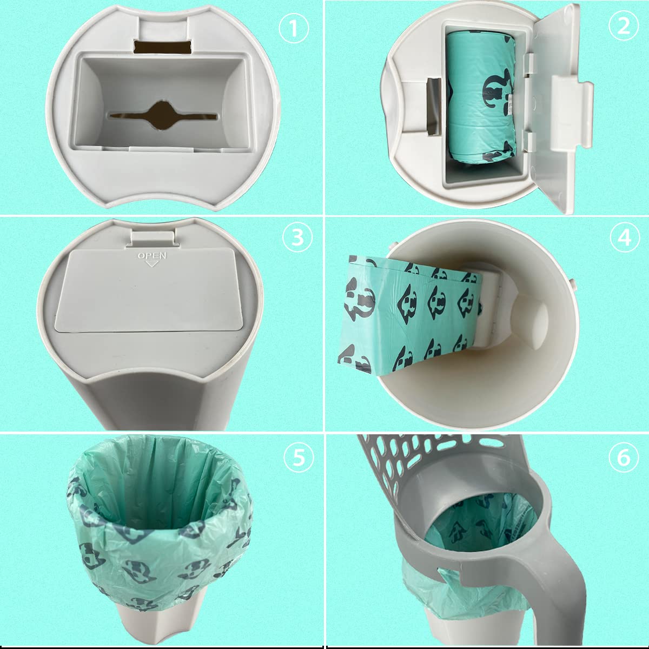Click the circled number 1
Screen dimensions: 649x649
[294, 28]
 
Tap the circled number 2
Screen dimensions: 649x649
[624, 25]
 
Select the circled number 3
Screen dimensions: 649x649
[297, 237]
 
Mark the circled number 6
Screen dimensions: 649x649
[624, 458]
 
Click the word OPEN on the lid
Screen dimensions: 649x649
[152, 256]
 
